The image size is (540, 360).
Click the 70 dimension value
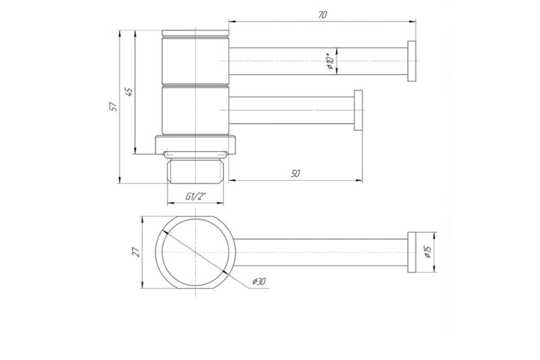[322, 15]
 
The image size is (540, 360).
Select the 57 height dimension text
[113, 107]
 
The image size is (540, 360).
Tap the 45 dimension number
[129, 92]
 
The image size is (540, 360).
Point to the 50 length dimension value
[295, 174]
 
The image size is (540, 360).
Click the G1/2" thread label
[195, 197]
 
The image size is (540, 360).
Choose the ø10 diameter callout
[331, 62]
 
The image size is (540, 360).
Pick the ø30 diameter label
[259, 281]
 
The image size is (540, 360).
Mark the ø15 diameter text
[428, 252]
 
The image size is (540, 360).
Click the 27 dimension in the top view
[136, 252]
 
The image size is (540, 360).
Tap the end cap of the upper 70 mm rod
[412, 61]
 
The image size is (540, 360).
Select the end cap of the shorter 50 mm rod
[358, 110]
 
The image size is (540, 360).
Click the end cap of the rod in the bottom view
[412, 252]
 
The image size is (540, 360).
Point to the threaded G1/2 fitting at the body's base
[195, 171]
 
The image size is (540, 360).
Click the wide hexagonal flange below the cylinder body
[195, 145]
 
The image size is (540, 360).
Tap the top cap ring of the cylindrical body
[195, 33]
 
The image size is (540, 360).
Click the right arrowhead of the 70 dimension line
[413, 22]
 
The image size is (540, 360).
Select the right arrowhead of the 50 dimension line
[360, 180]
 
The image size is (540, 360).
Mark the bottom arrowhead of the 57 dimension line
[120, 180]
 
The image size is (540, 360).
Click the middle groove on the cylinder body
[195, 85]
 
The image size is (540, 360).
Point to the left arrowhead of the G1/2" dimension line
[171, 203]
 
